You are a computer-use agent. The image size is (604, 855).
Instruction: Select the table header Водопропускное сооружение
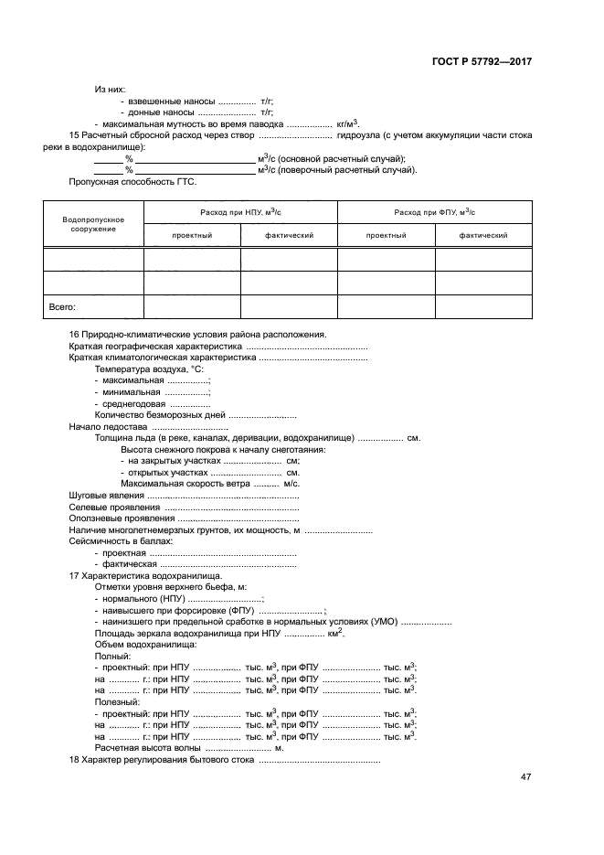click(93, 224)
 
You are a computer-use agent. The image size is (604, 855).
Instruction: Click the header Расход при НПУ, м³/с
click(240, 212)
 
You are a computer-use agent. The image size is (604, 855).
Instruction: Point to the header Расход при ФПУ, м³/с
click(435, 212)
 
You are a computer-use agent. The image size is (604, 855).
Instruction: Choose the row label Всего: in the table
click(61, 308)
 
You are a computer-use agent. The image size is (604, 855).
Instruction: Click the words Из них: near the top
click(110, 89)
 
